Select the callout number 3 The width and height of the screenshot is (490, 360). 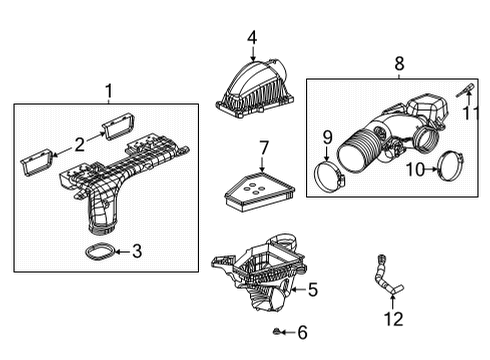click(137, 252)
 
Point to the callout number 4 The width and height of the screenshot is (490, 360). click(252, 38)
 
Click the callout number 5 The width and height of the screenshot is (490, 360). click(312, 291)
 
